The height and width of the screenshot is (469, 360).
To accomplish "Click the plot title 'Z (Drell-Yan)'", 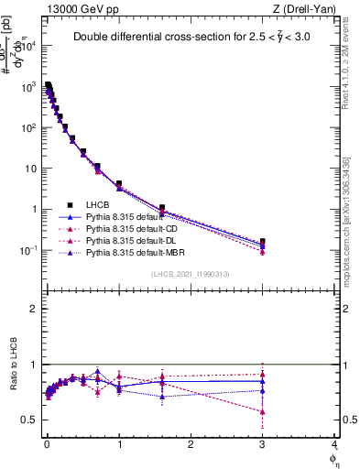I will click(x=305, y=8).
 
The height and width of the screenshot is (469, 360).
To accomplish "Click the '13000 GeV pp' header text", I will click(x=79, y=8).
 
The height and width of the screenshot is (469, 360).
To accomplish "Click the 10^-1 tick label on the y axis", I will click(x=27, y=250).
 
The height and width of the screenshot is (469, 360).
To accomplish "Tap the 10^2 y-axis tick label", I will click(x=28, y=127).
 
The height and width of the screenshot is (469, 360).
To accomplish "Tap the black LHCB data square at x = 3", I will click(x=263, y=242).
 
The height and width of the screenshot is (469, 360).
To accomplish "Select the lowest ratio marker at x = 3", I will click(x=263, y=412).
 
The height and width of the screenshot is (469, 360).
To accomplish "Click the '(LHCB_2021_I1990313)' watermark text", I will click(x=190, y=275).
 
